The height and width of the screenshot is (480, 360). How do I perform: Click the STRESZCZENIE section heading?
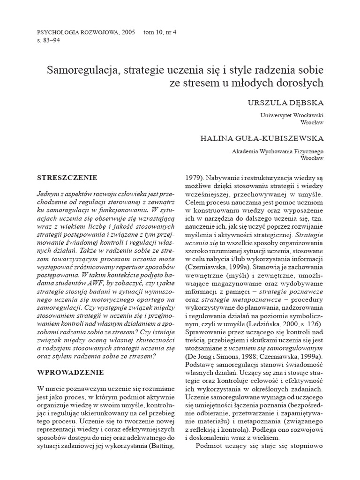(x=67, y=178)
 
